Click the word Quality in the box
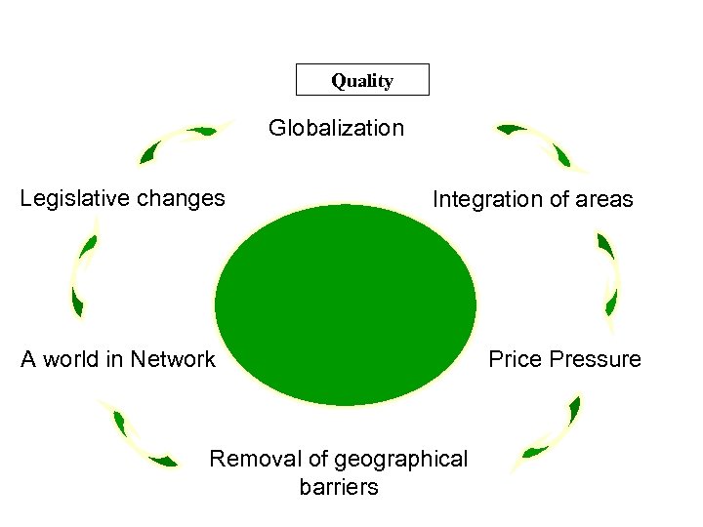click(x=361, y=81)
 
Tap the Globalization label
click(x=336, y=128)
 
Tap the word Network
click(x=172, y=359)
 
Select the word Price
click(x=515, y=359)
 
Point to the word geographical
click(x=400, y=460)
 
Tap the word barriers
click(x=339, y=487)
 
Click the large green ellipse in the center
click(x=346, y=302)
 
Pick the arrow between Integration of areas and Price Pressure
click(x=607, y=272)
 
